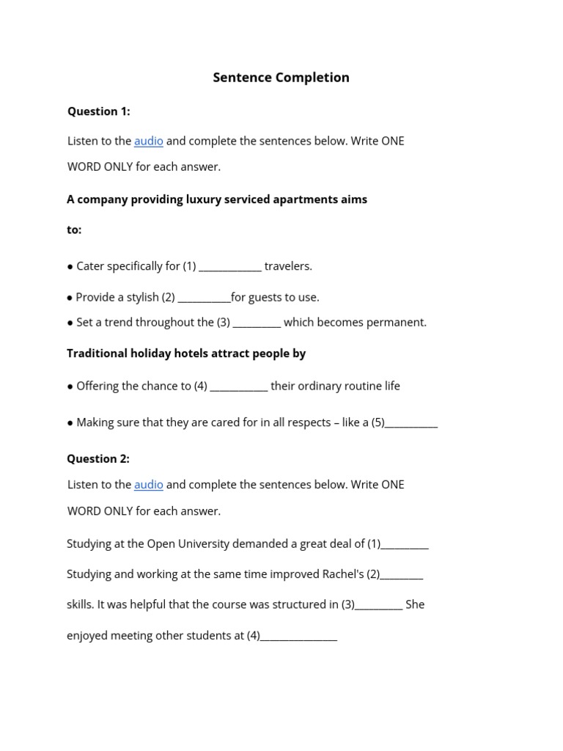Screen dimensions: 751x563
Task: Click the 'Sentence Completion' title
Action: tap(281, 78)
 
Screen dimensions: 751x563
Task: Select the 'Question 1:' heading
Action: tap(99, 111)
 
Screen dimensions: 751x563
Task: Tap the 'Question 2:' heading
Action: tap(98, 459)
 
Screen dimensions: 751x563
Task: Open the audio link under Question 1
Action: tap(148, 141)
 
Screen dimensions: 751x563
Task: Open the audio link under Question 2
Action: tap(148, 485)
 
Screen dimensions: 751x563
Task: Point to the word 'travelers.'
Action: tap(288, 266)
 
